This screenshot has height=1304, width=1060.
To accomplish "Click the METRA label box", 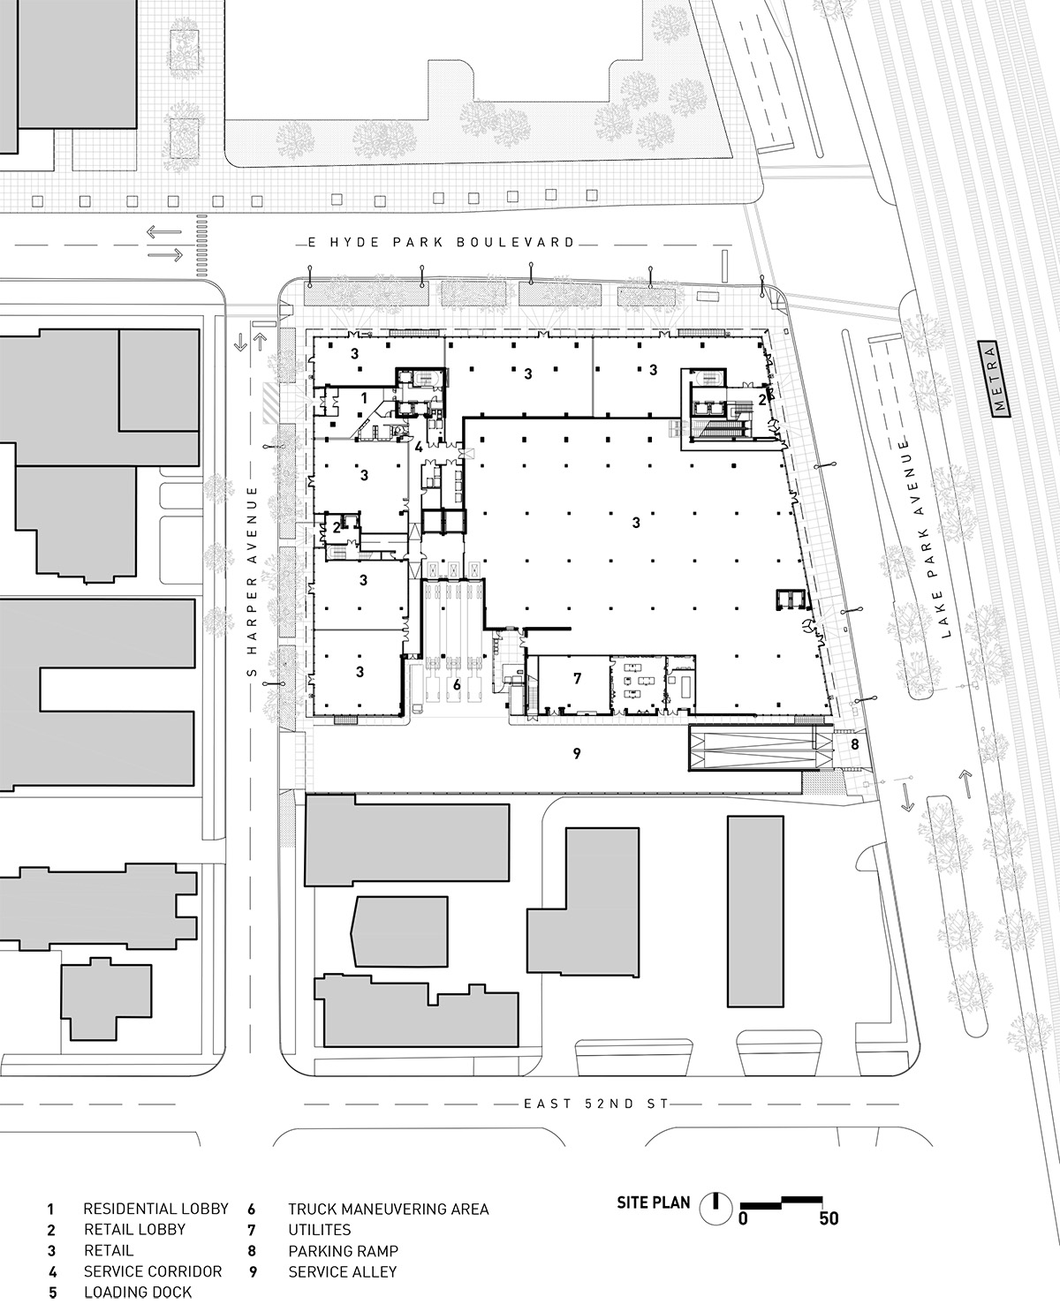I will [1000, 379].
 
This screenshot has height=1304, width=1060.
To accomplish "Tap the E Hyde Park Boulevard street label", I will [436, 242].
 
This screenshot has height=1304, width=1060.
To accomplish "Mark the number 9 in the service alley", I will [577, 753].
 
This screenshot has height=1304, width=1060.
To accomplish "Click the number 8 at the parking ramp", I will [854, 744].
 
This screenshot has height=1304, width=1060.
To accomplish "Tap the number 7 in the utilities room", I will [577, 678].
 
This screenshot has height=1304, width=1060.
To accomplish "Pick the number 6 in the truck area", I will [457, 684].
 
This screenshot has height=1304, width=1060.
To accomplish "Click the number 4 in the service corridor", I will [418, 446].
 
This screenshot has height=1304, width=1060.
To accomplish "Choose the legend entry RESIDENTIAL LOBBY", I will [155, 1209].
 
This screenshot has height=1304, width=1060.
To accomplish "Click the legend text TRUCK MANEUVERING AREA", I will [388, 1209].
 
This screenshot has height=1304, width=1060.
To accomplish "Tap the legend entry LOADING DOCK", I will [137, 1293].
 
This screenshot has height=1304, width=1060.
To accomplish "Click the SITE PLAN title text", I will [653, 1202].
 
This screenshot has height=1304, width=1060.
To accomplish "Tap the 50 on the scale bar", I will [828, 1220].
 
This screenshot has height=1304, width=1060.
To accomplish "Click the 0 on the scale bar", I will [744, 1220].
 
